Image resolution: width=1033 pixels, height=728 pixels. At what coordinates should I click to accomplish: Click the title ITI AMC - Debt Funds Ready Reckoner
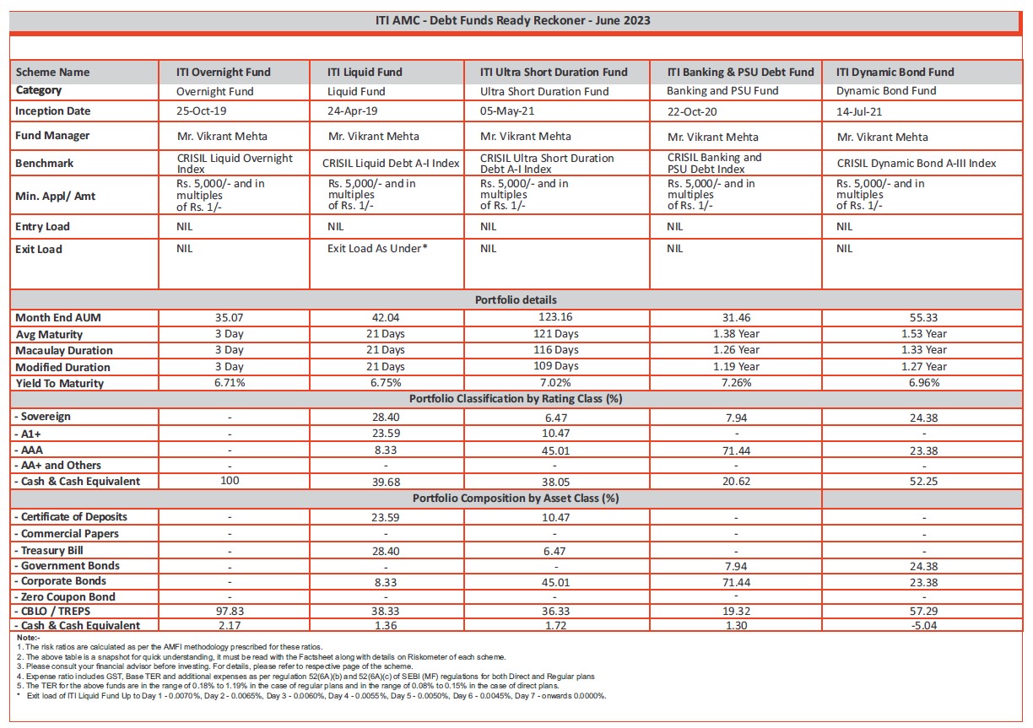[x=512, y=20]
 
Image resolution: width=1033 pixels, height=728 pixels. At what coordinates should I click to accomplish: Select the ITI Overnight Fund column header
[x=223, y=73]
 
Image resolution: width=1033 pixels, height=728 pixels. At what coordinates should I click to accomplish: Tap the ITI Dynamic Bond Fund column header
[x=895, y=73]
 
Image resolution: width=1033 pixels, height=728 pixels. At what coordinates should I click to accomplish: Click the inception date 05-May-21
[x=509, y=111]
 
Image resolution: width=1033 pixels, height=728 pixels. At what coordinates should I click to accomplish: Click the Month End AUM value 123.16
[x=557, y=317]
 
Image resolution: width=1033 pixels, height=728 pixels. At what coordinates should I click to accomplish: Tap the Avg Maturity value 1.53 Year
[x=923, y=334]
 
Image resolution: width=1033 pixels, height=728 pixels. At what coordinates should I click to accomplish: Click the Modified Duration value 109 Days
[x=557, y=367]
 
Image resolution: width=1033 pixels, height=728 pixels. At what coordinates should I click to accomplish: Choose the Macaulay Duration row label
[x=64, y=351]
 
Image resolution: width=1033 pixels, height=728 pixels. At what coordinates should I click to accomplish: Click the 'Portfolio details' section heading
[x=515, y=300]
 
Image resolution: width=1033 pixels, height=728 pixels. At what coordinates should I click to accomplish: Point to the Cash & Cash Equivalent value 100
[x=229, y=481]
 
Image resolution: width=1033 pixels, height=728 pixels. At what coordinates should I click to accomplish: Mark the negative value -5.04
[x=923, y=626]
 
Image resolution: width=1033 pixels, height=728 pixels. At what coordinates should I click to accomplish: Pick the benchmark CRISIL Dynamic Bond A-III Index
[x=917, y=164]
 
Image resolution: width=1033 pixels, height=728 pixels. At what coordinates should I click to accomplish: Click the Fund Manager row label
[x=52, y=136]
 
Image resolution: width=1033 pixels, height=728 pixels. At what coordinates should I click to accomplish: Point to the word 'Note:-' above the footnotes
[x=28, y=638]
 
